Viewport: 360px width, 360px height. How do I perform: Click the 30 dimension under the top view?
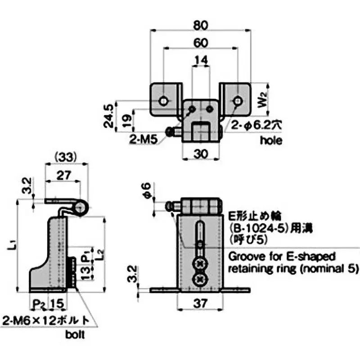tap(201, 153)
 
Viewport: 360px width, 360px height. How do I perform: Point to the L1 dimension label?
tap(15, 245)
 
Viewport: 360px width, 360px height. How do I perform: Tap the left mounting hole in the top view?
tap(162, 100)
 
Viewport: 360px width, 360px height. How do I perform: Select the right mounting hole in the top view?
tap(237, 100)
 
